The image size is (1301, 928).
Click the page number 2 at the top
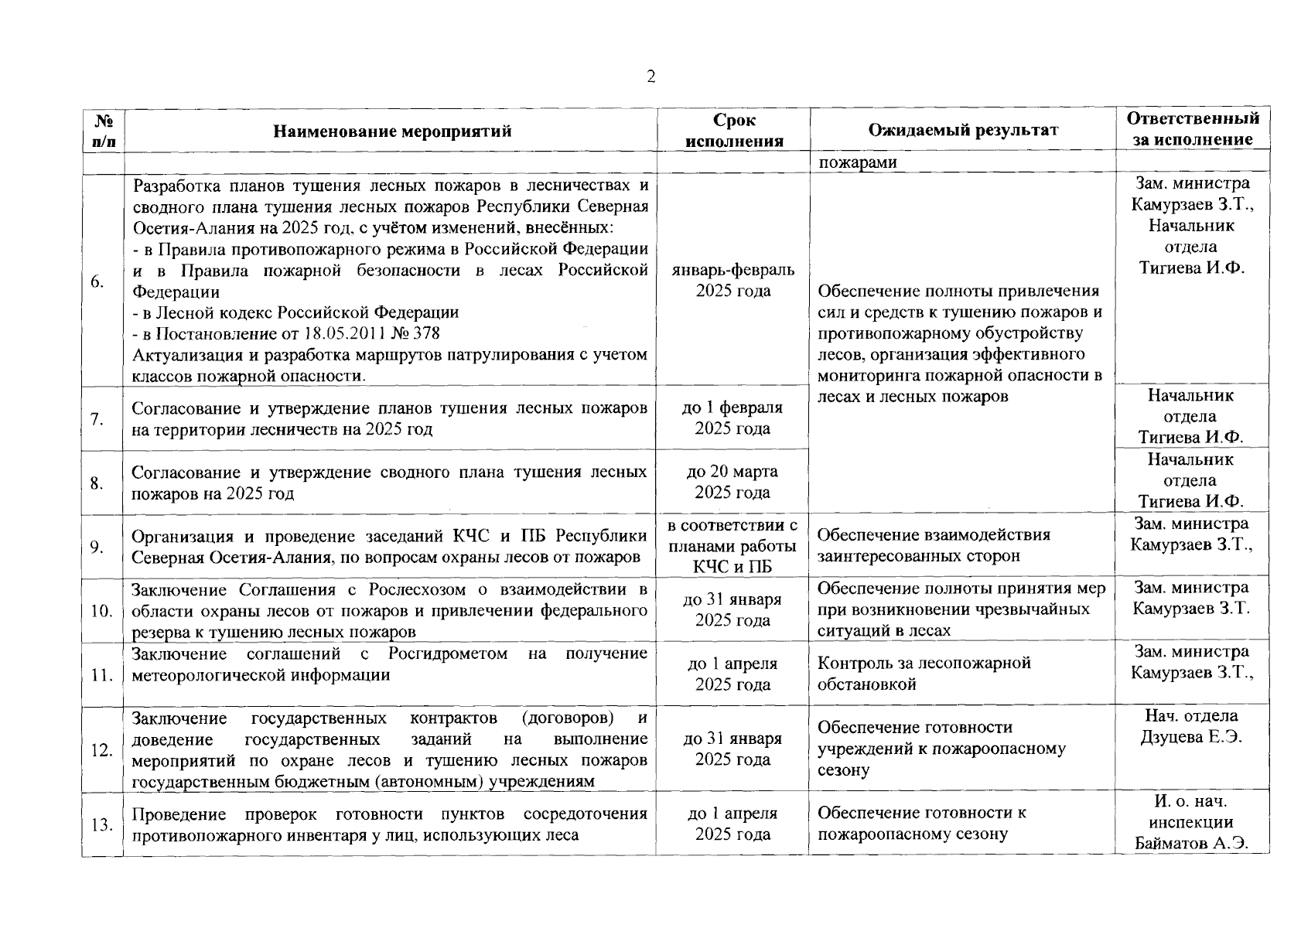pyautogui.click(x=650, y=77)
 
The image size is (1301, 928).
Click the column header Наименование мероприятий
pyautogui.click(x=392, y=131)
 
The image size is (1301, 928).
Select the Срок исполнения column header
pyautogui.click(x=733, y=130)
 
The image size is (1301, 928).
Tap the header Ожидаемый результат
pyautogui.click(x=962, y=130)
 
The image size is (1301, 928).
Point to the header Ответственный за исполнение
pyautogui.click(x=1193, y=129)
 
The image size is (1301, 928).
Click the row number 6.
pyautogui.click(x=97, y=281)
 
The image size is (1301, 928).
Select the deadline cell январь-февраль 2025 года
pyautogui.click(x=733, y=281)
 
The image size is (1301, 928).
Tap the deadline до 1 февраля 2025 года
pyautogui.click(x=732, y=418)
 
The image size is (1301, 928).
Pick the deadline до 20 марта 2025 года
pyautogui.click(x=732, y=482)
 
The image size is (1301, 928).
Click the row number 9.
pyautogui.click(x=97, y=547)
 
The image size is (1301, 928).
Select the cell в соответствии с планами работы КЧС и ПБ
pyautogui.click(x=732, y=546)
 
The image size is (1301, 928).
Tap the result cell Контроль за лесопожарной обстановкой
pyautogui.click(x=924, y=674)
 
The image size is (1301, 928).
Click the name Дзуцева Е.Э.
pyautogui.click(x=1191, y=737)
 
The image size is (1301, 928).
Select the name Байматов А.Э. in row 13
pyautogui.click(x=1192, y=843)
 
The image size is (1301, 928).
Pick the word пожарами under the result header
pyautogui.click(x=858, y=162)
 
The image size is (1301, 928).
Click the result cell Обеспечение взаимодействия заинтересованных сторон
pyautogui.click(x=934, y=545)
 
